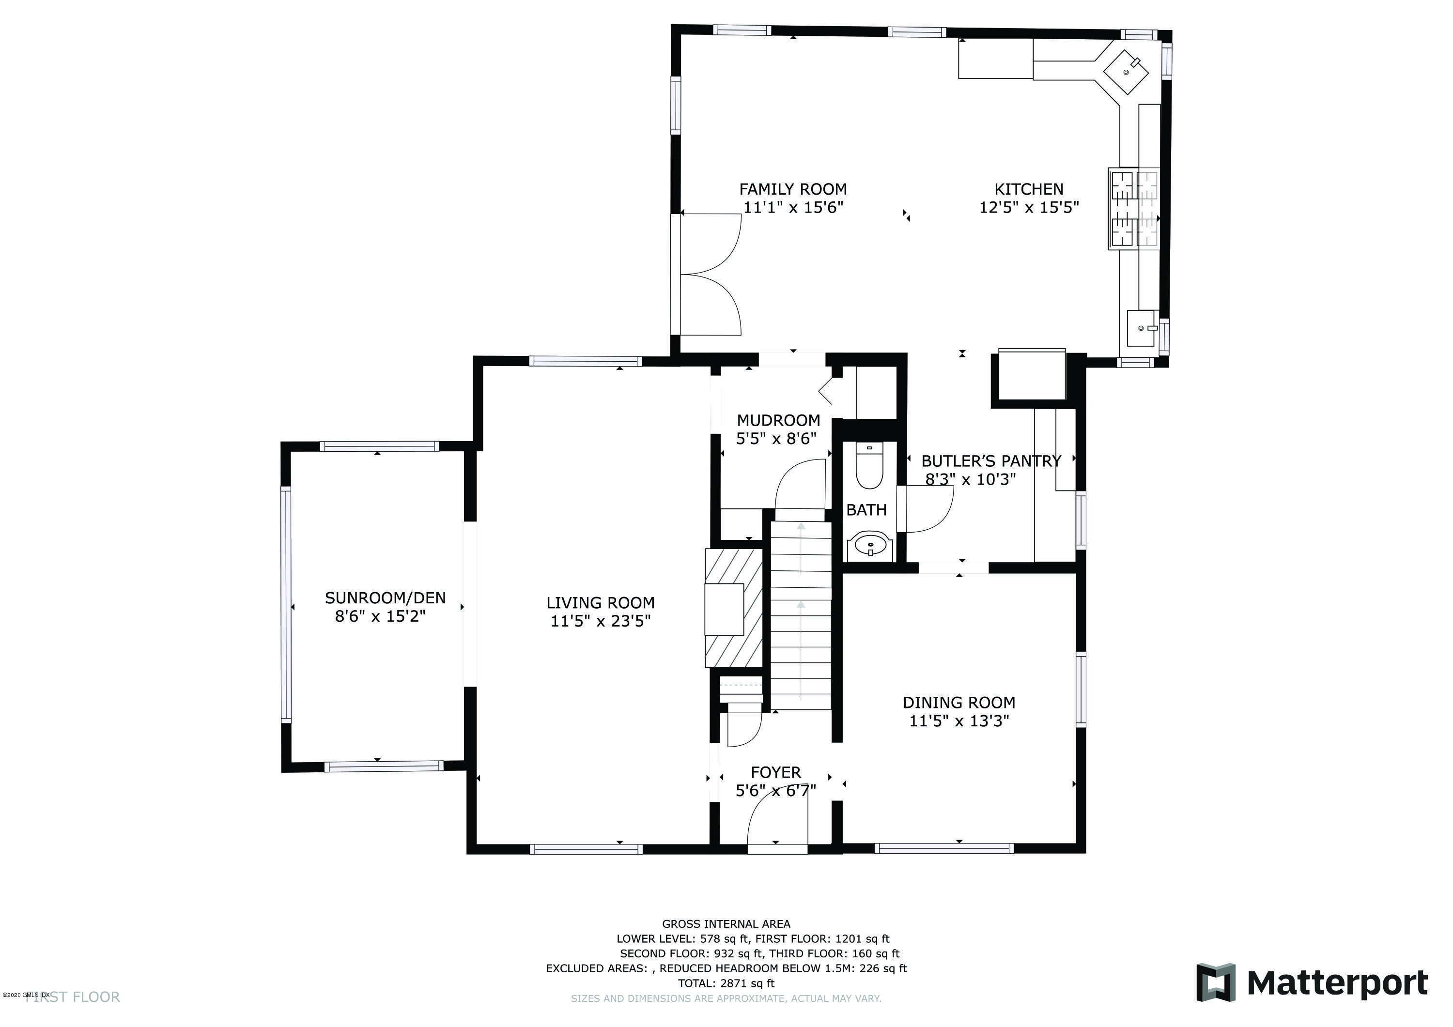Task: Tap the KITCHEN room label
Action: tap(1029, 189)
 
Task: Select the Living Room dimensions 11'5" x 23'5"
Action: tap(601, 621)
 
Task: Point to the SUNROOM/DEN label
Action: tap(386, 598)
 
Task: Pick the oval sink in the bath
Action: tap(871, 544)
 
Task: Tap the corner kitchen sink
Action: tap(1127, 72)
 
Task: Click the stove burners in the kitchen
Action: tap(1134, 207)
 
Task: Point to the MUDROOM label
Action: tap(778, 420)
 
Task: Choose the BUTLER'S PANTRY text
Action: tap(991, 461)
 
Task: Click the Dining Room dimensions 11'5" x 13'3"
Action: tap(959, 720)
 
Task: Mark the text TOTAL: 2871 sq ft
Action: tap(726, 983)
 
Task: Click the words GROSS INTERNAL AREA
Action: tap(726, 924)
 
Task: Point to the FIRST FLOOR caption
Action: tap(73, 997)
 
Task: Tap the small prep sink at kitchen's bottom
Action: tap(1143, 328)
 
